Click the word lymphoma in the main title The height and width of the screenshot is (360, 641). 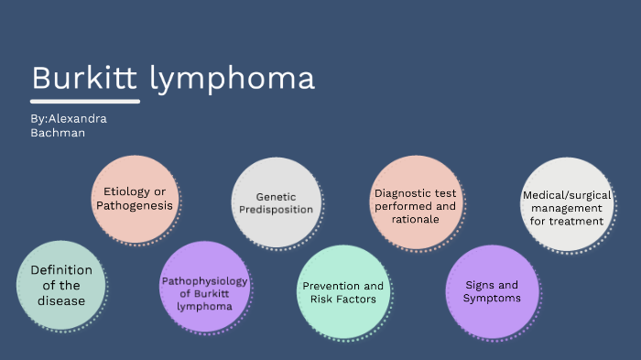(232, 80)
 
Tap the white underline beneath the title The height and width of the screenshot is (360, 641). (84, 100)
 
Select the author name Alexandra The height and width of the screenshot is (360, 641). (82, 118)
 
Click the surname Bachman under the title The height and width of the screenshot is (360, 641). (58, 133)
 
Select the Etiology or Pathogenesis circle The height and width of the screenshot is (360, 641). (135, 199)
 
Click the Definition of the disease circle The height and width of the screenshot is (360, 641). (61, 285)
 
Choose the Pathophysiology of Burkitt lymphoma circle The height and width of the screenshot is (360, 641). (204, 286)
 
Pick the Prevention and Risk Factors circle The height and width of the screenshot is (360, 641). (343, 292)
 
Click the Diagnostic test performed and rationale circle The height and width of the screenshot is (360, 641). (416, 202)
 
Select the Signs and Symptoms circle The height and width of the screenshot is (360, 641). (491, 291)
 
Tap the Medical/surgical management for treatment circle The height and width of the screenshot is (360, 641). (563, 204)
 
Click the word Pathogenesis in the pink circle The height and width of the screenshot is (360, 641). (135, 206)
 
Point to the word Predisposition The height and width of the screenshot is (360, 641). (277, 210)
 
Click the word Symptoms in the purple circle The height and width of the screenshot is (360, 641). (491, 299)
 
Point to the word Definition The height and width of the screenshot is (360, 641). (61, 270)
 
